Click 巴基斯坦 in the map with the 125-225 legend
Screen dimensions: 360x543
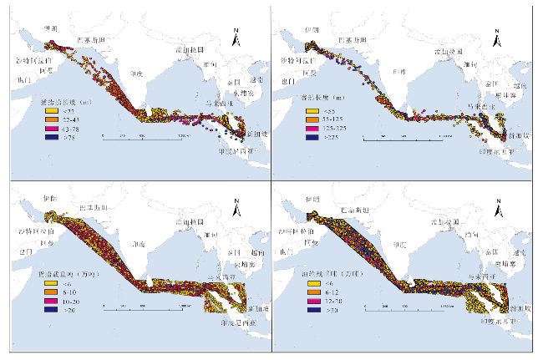[354, 40]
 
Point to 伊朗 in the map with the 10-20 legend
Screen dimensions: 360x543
[49, 199]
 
